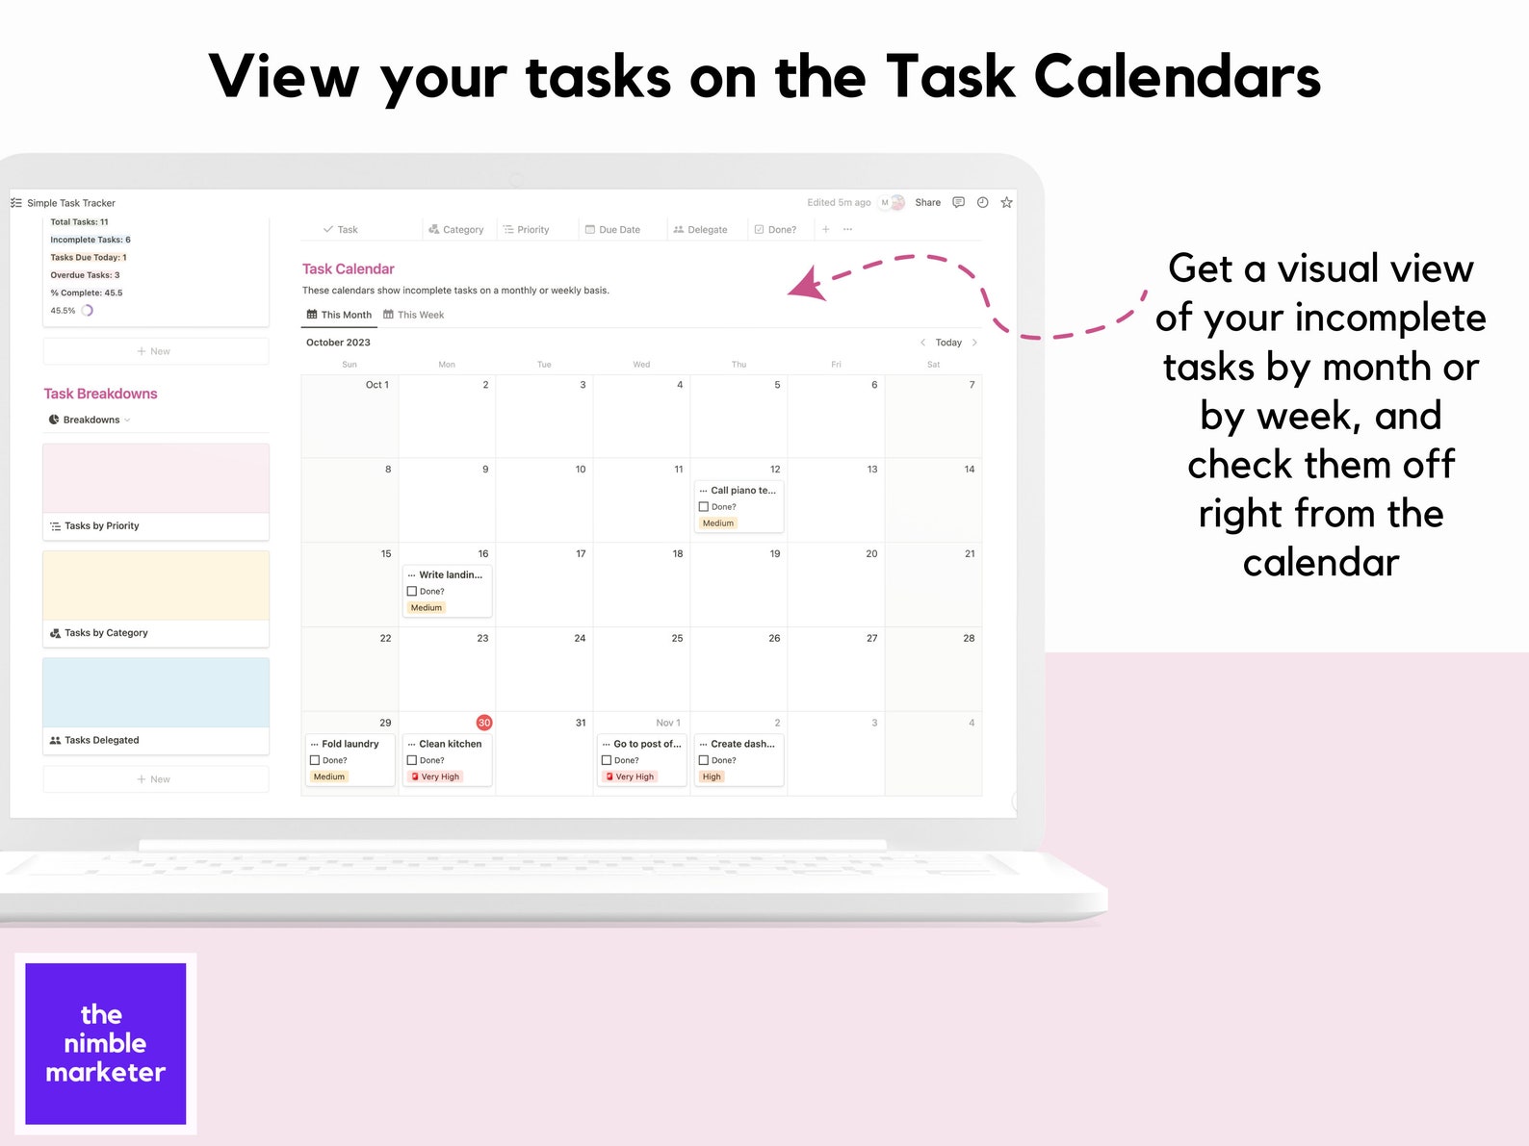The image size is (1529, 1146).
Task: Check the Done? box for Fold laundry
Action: click(x=315, y=760)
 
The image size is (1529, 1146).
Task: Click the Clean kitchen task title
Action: click(x=450, y=744)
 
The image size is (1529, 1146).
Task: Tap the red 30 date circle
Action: click(x=484, y=723)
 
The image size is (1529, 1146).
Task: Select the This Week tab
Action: click(x=414, y=315)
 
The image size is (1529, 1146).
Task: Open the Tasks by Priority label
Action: click(x=101, y=526)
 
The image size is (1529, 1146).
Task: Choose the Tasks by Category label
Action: click(x=106, y=633)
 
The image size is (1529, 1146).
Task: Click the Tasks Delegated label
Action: click(x=101, y=740)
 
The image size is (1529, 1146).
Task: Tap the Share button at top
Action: click(x=927, y=202)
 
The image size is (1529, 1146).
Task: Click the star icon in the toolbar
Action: click(x=1006, y=202)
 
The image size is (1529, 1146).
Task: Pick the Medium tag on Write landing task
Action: click(x=427, y=608)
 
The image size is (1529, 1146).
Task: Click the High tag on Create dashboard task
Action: click(x=712, y=777)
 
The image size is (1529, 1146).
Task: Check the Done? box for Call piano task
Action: click(x=704, y=507)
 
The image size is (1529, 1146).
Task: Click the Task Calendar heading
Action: click(x=348, y=269)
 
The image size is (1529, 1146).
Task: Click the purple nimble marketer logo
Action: click(x=106, y=1043)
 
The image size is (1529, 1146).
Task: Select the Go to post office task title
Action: click(x=646, y=744)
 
